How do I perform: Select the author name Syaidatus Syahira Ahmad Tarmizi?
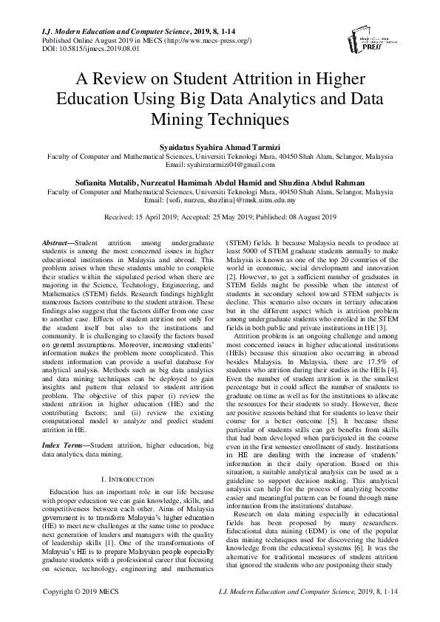[220, 148]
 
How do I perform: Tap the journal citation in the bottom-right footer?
[328, 612]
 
